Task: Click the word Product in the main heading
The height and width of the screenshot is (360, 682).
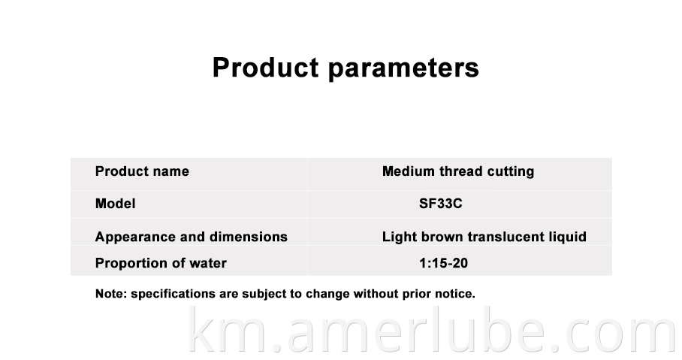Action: pos(265,68)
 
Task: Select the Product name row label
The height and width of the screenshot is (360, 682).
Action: pos(142,171)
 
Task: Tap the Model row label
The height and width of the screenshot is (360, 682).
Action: pos(115,203)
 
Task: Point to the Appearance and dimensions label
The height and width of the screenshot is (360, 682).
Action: pos(192,237)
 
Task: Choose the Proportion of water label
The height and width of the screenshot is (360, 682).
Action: pos(161,263)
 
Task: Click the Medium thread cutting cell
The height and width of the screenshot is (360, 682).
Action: pos(458,171)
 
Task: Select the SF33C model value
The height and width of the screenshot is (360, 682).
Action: pos(441,203)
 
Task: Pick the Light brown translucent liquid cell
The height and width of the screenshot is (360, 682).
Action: pos(484,237)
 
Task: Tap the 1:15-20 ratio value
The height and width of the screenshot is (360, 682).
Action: pos(444,263)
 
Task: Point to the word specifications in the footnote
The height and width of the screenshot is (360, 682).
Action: pos(173,295)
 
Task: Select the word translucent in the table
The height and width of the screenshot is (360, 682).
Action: pos(505,237)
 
